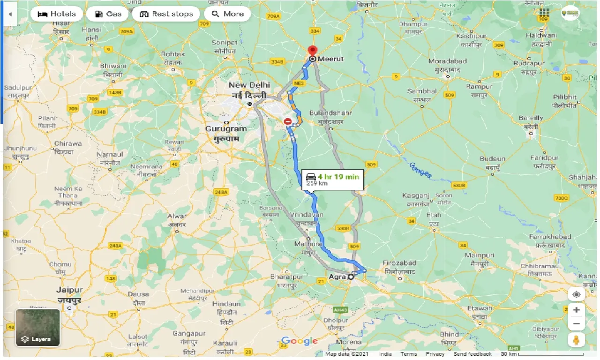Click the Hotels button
coord(57,14)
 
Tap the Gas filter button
coord(107,14)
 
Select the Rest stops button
coord(166,14)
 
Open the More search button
coord(228,14)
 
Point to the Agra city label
coord(337,277)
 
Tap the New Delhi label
coord(249,85)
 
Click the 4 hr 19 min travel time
coord(338,176)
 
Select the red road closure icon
coord(288,121)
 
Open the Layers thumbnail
coord(37,327)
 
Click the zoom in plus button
coord(576,310)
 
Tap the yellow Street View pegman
coord(576,339)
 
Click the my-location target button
coord(576,294)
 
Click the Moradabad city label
coord(447,61)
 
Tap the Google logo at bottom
coord(300,341)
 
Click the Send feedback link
coord(472,354)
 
